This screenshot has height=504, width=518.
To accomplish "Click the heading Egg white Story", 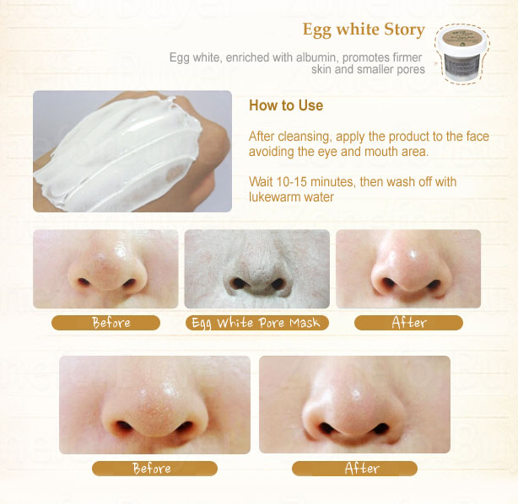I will [364, 30].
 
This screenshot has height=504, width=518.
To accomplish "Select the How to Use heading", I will [286, 106].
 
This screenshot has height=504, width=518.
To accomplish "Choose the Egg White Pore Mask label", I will [256, 323].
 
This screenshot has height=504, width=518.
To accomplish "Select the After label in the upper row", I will [408, 323].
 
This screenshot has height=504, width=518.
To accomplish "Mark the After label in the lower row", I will [361, 469].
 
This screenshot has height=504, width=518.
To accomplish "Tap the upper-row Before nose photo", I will [105, 269].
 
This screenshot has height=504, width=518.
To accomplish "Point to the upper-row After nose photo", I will [408, 269].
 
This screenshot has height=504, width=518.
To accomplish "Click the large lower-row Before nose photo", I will [154, 405].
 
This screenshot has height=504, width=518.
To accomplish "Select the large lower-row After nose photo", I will [354, 405].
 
